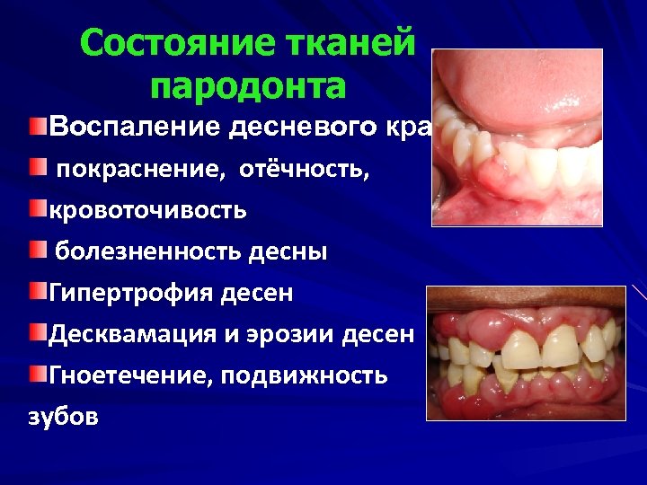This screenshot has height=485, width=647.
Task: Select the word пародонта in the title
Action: [x=249, y=86]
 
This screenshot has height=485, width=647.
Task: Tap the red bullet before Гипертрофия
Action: [x=36, y=291]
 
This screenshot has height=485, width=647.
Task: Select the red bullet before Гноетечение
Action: [x=36, y=373]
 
